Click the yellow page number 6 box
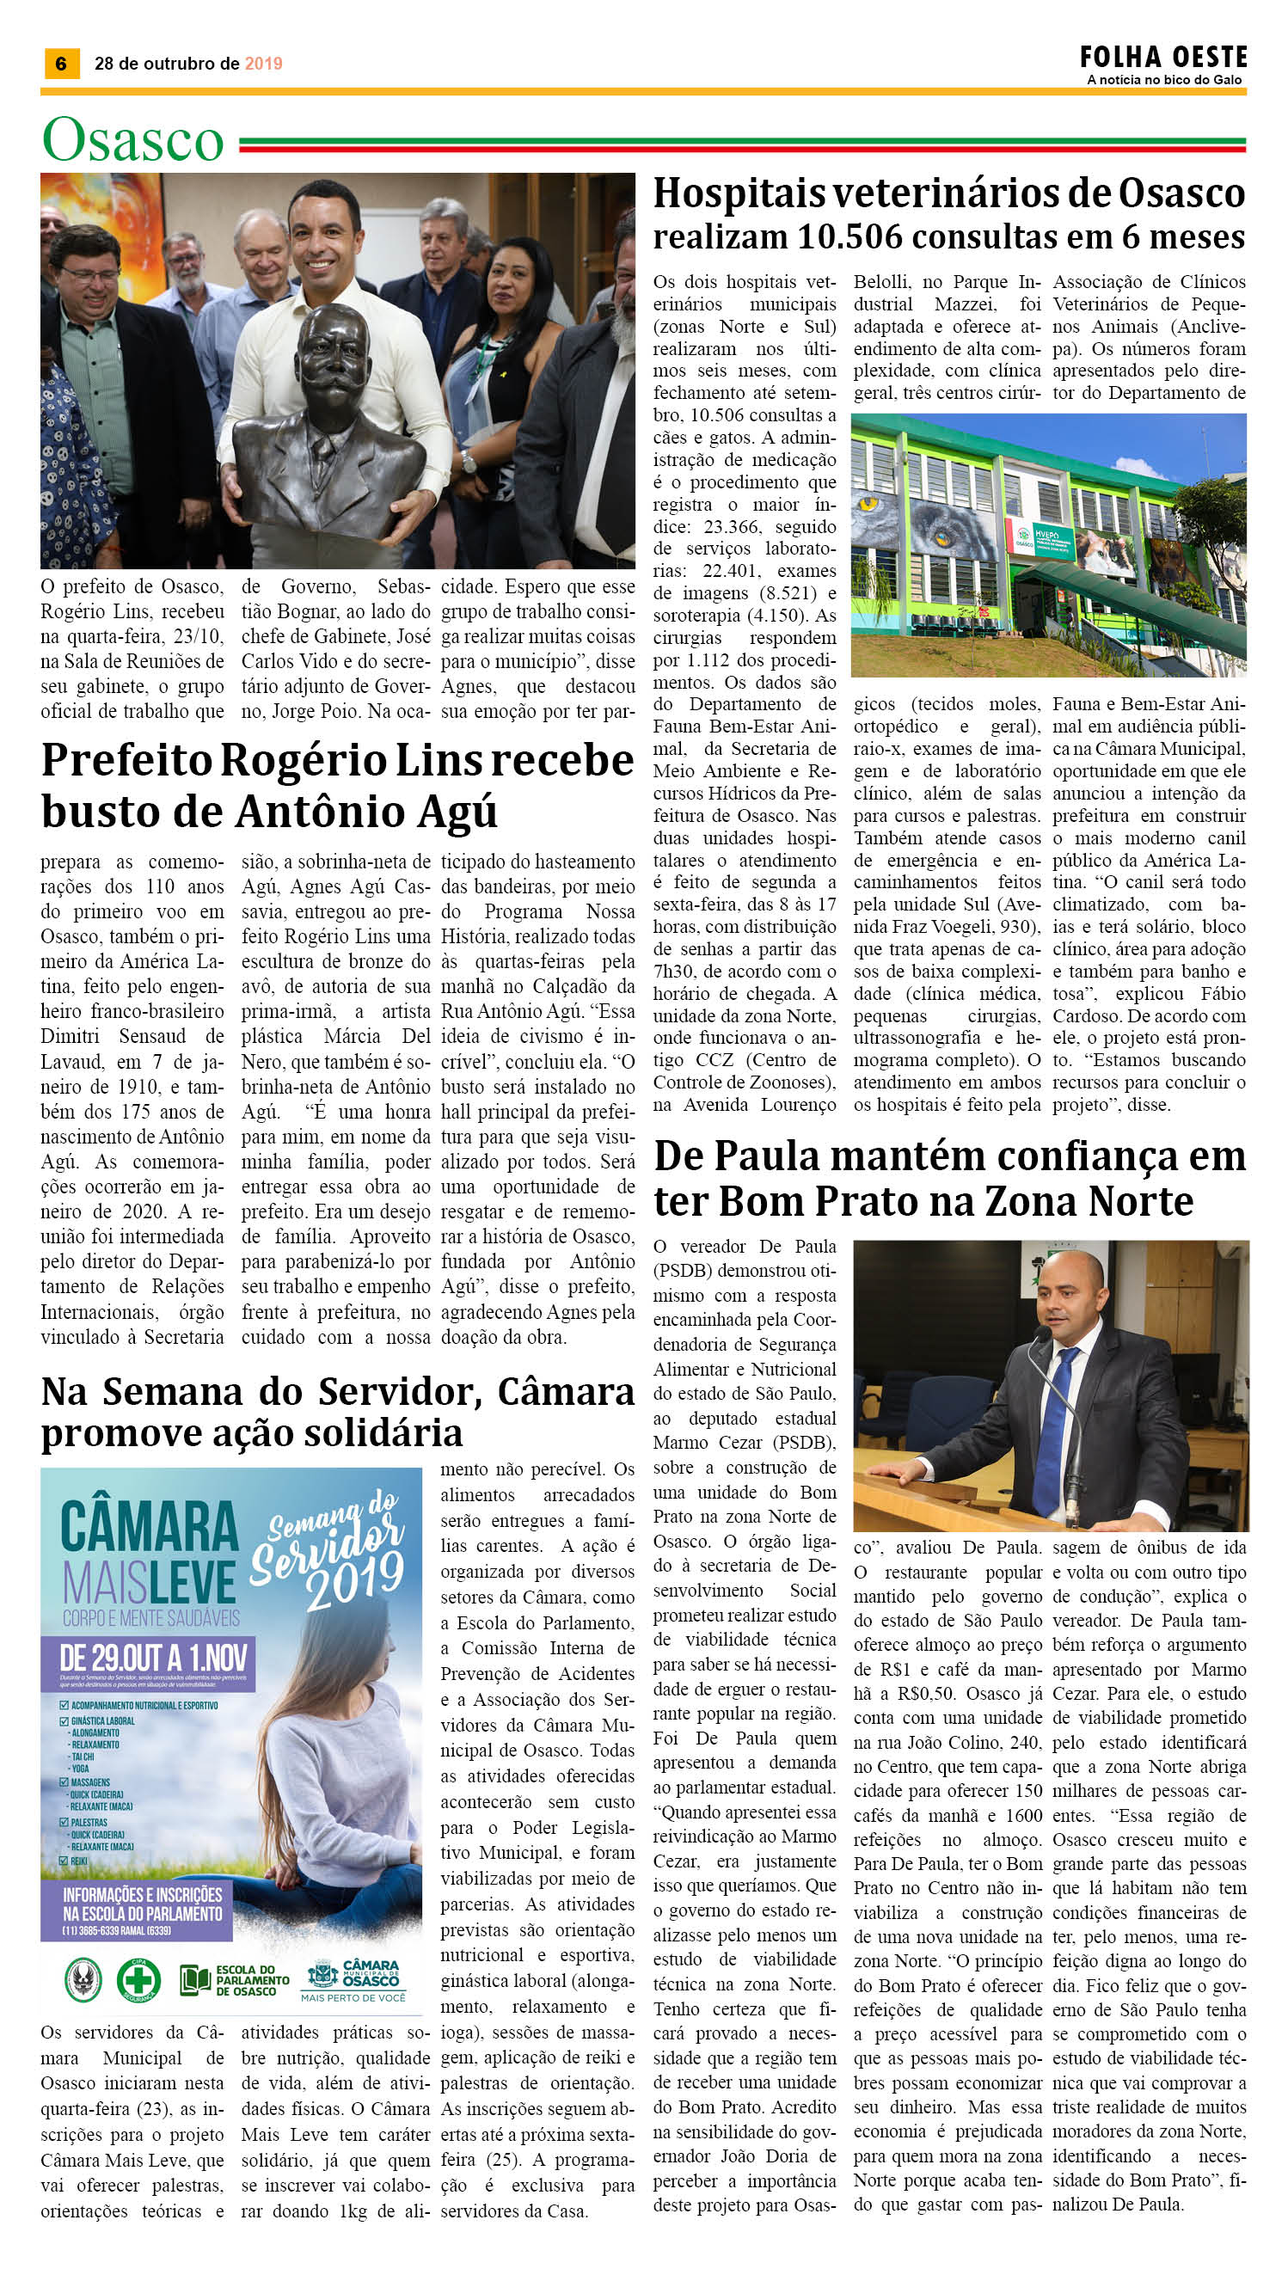pyautogui.click(x=61, y=64)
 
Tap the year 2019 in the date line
pyautogui.click(x=264, y=64)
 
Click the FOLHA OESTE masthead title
pyautogui.click(x=1162, y=58)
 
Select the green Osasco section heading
pyautogui.click(x=132, y=141)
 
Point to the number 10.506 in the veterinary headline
pyautogui.click(x=850, y=237)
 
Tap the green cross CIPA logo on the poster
pyautogui.click(x=140, y=1980)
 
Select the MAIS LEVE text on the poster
pyautogui.click(x=149, y=1582)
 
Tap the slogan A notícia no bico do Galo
pyautogui.click(x=1164, y=80)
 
